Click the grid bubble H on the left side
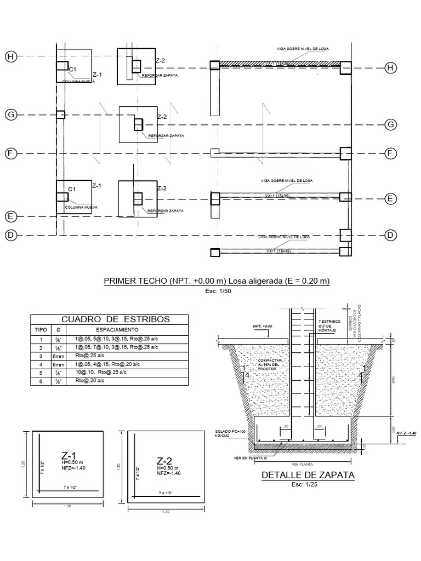coord(9,56)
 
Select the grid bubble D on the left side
coord(9,236)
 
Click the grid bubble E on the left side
coord(9,216)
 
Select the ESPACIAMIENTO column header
coord(118,330)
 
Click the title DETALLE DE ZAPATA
coord(309,475)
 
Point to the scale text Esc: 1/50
coord(218,292)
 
